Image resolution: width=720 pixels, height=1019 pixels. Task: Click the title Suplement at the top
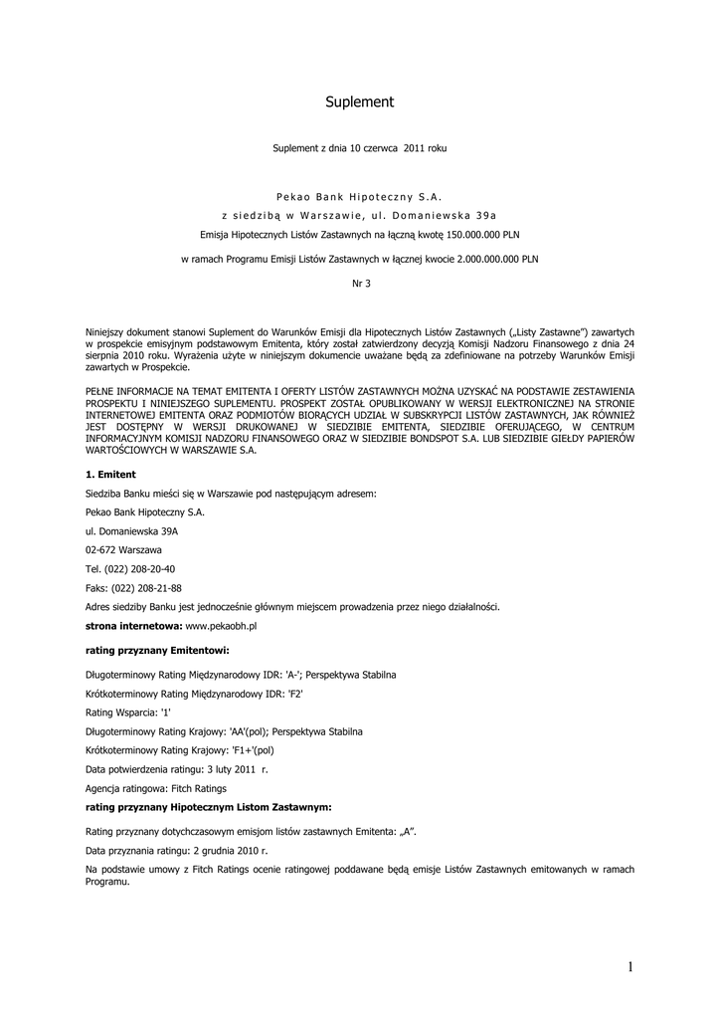coord(360,102)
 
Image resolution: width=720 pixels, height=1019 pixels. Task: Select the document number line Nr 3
coord(360,283)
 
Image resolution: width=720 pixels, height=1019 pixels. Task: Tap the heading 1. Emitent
coord(110,474)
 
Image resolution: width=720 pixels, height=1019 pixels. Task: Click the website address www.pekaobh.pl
coord(222,626)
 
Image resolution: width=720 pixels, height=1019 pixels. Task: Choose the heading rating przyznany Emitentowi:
coord(158,650)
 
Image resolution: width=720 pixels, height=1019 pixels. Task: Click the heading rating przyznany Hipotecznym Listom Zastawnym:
coord(209,807)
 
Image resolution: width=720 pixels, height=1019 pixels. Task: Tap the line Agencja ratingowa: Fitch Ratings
coord(156,788)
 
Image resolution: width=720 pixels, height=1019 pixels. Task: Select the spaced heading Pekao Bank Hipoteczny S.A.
coord(360,196)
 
